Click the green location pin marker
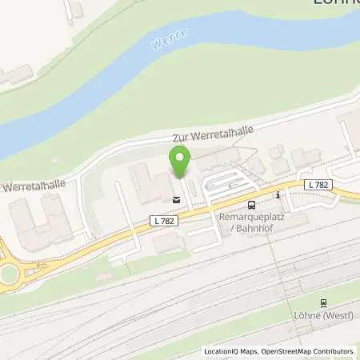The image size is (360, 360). tap(180, 161)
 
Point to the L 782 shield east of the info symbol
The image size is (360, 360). tap(318, 184)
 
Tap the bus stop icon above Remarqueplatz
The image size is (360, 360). tap(250, 204)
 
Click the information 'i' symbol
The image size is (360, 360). tap(277, 194)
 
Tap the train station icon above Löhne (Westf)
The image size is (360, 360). tap(323, 302)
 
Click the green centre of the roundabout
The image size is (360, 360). tap(8, 274)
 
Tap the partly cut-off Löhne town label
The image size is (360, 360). tap(334, 3)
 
